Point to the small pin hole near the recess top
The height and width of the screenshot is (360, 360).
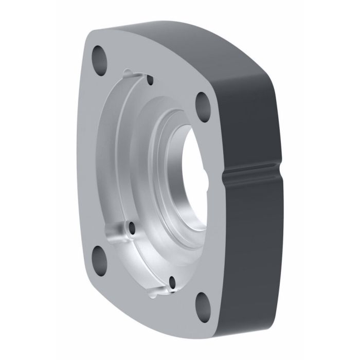pyautogui.click(x=150, y=80)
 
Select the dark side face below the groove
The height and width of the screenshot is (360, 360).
pyautogui.click(x=252, y=247)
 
